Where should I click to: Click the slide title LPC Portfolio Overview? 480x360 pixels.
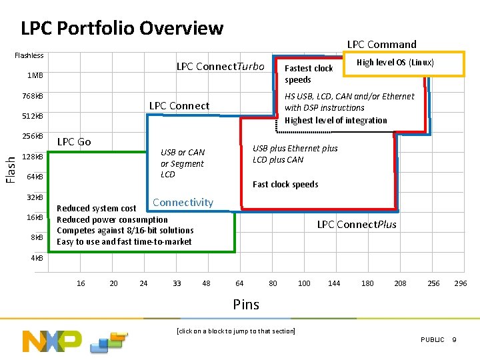(x=122, y=28)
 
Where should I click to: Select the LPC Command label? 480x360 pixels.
(x=381, y=45)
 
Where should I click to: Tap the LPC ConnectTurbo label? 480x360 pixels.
(x=220, y=67)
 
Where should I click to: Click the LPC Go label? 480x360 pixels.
(x=74, y=141)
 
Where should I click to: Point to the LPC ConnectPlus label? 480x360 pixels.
(x=356, y=224)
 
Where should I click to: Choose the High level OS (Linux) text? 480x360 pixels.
(x=395, y=63)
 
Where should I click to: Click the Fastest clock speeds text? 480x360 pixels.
(x=308, y=74)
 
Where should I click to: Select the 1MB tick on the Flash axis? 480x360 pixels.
(x=35, y=75)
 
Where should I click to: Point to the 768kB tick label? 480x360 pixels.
(x=32, y=96)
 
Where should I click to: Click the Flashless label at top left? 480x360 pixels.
(x=29, y=55)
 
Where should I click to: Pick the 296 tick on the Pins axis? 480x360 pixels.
(x=460, y=283)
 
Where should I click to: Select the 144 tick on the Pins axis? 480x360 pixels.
(x=334, y=283)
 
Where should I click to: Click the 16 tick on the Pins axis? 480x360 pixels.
(x=81, y=283)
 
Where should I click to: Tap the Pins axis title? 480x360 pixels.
(x=246, y=305)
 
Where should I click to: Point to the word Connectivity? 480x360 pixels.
(x=183, y=203)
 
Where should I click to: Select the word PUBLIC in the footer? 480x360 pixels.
(x=432, y=340)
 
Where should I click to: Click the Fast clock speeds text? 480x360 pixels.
(x=285, y=185)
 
